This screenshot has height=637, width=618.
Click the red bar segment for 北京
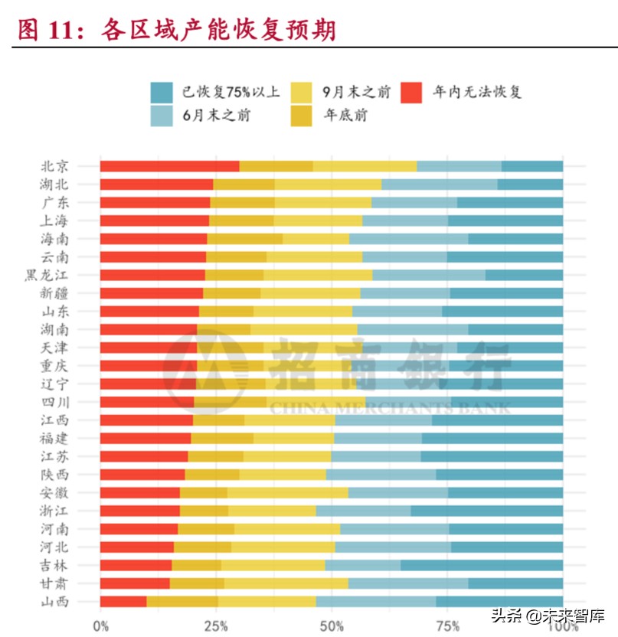(169, 166)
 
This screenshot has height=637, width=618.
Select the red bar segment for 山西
(123, 602)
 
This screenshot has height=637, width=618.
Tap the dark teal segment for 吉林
(482, 565)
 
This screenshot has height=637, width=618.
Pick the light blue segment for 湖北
(439, 185)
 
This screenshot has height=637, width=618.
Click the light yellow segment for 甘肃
(286, 583)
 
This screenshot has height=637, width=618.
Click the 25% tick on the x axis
(216, 626)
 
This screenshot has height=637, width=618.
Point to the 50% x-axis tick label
(332, 626)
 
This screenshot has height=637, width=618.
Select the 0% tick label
(100, 626)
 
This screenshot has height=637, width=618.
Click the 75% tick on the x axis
(447, 626)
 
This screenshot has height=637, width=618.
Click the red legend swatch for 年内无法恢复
(412, 92)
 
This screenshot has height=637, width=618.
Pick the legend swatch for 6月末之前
(162, 116)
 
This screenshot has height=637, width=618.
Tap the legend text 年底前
(345, 116)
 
